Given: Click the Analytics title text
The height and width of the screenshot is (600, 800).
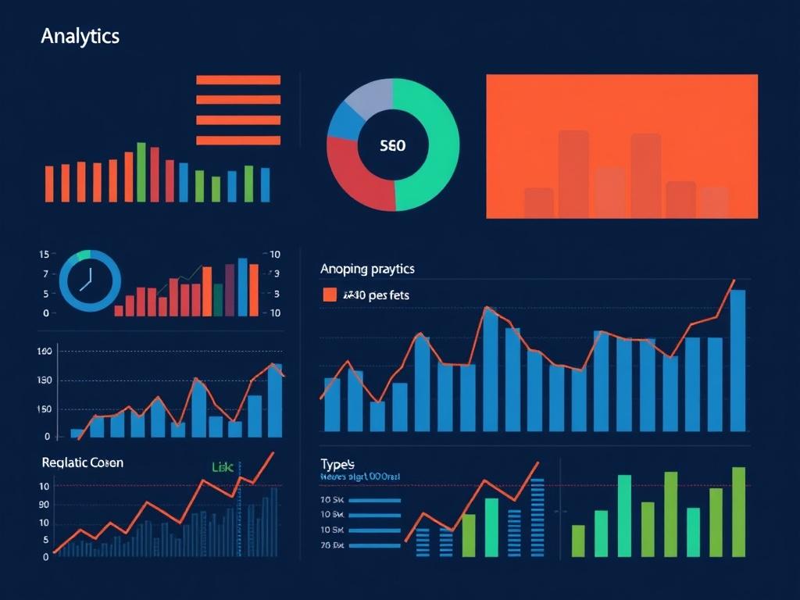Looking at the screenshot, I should [80, 36].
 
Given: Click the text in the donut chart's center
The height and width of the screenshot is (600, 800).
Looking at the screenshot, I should [392, 145].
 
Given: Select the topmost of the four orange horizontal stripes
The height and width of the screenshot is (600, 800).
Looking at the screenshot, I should [238, 80].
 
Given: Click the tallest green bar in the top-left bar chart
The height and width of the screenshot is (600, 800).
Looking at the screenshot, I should [141, 172].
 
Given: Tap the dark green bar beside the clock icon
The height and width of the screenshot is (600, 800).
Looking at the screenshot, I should [219, 300].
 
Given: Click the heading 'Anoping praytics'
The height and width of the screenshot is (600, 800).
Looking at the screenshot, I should [367, 269].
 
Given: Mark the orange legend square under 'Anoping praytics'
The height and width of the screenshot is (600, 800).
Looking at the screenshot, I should [330, 295].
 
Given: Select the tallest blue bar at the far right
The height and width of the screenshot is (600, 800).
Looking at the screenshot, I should [737, 360].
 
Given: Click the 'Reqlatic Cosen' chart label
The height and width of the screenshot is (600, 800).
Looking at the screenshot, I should [82, 462].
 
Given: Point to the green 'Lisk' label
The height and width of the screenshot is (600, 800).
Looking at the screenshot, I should [223, 466].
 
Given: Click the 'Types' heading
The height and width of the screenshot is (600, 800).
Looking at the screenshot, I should [337, 462].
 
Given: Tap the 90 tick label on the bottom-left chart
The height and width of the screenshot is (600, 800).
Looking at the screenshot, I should [44, 505].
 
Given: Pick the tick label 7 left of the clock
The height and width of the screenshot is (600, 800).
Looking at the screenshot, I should [46, 274].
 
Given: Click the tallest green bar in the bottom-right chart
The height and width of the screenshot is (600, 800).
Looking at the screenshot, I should [738, 512].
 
